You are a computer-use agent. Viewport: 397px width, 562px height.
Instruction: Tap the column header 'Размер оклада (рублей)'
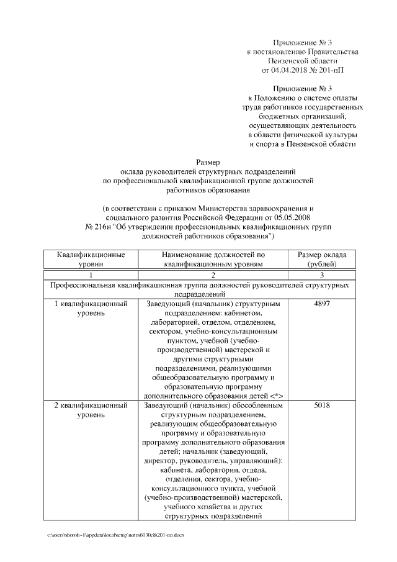(322, 259)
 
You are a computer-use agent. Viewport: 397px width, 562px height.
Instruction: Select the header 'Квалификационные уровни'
(91, 259)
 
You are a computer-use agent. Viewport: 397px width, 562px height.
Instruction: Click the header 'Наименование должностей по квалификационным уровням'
(213, 259)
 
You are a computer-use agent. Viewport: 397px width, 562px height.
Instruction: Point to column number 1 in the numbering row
(91, 274)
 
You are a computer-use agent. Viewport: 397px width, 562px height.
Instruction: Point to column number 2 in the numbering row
(213, 274)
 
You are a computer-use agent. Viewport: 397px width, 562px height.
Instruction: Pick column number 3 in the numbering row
(322, 274)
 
